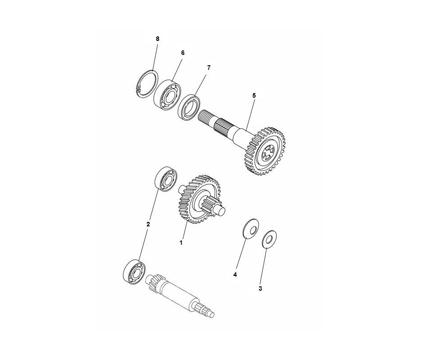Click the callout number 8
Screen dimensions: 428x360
coord(158,39)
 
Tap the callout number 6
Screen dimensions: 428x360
coord(183,53)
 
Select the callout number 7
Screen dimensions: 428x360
coord(209,67)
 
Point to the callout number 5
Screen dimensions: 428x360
coord(254,95)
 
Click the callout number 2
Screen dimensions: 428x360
coord(148,224)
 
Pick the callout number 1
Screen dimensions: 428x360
coord(181,242)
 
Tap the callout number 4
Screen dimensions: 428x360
coord(235,274)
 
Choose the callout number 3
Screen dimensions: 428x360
coord(260,288)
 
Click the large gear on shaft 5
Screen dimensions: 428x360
coord(264,151)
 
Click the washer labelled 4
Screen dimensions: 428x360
coord(251,228)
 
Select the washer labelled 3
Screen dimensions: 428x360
coord(269,240)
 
